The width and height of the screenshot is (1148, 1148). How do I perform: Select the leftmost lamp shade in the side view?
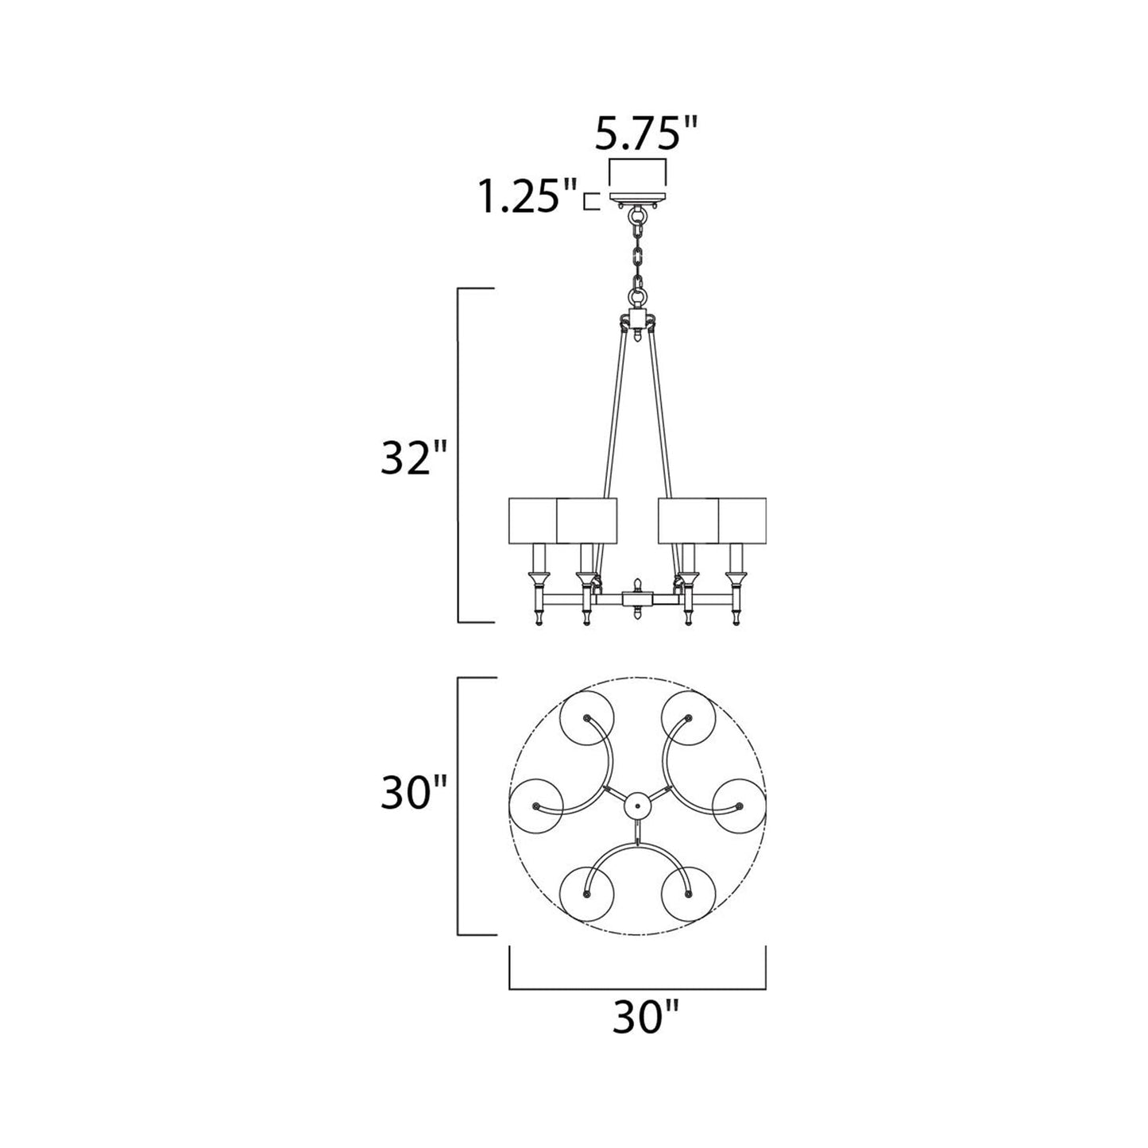532,520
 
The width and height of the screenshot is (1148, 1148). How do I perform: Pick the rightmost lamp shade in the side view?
742,520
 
